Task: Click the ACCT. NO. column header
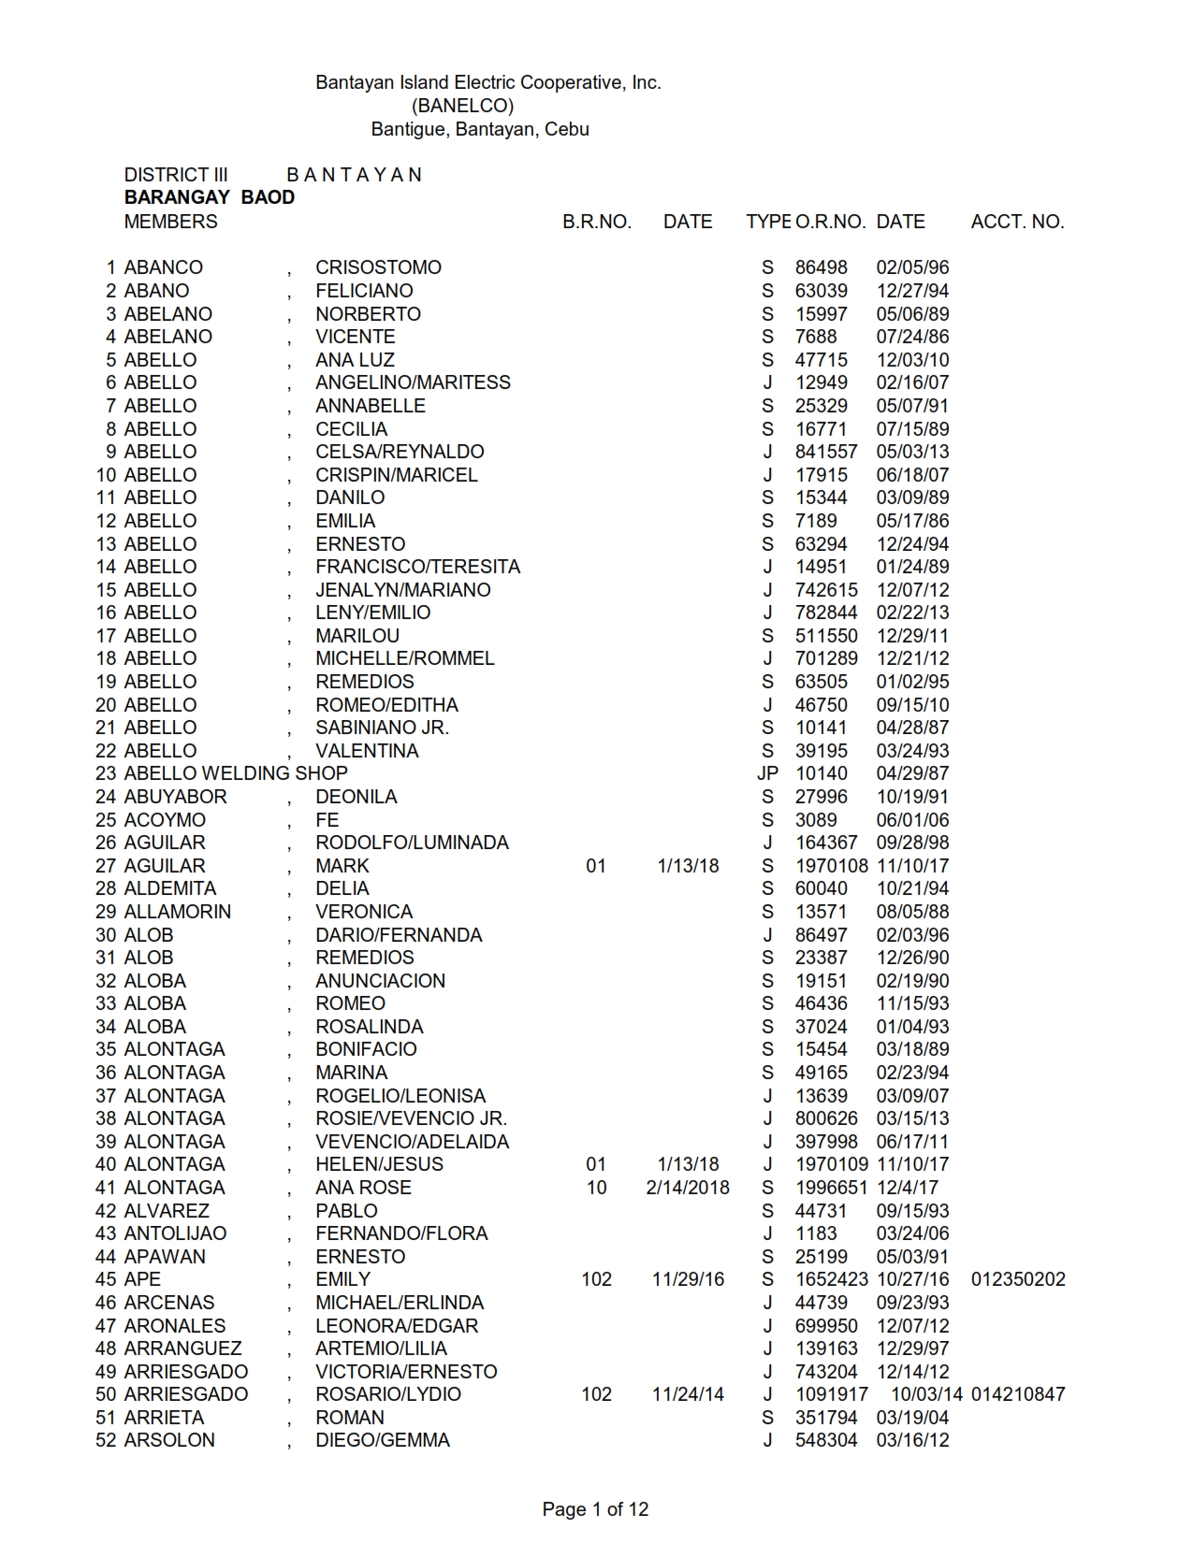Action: coord(1017,222)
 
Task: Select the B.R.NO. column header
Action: coord(597,222)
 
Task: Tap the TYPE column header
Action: coord(768,222)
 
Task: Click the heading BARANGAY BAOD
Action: coord(210,197)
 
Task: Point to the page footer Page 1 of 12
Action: coord(595,1508)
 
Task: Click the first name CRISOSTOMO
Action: coord(378,267)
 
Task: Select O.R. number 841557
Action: coord(826,452)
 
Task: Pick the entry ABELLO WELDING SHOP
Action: coord(236,773)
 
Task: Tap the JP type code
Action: coord(767,773)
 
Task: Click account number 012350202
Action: coord(1018,1279)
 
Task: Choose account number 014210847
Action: coord(1018,1394)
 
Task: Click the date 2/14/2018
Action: coord(688,1188)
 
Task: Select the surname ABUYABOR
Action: coord(176,797)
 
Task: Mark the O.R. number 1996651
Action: coord(832,1188)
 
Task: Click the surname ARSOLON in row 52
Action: coord(169,1440)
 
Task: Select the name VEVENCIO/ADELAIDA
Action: coord(412,1142)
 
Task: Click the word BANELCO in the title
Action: coord(462,106)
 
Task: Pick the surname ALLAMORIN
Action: coord(178,912)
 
